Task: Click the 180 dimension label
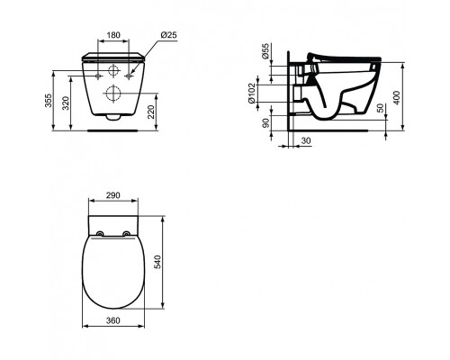[113, 35]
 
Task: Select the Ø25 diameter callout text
[169, 35]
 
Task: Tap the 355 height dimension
[49, 100]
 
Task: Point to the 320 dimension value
[67, 103]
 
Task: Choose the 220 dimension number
[151, 112]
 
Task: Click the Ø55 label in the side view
[265, 51]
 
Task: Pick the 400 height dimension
[397, 97]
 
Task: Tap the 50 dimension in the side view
[380, 108]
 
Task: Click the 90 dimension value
[265, 123]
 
